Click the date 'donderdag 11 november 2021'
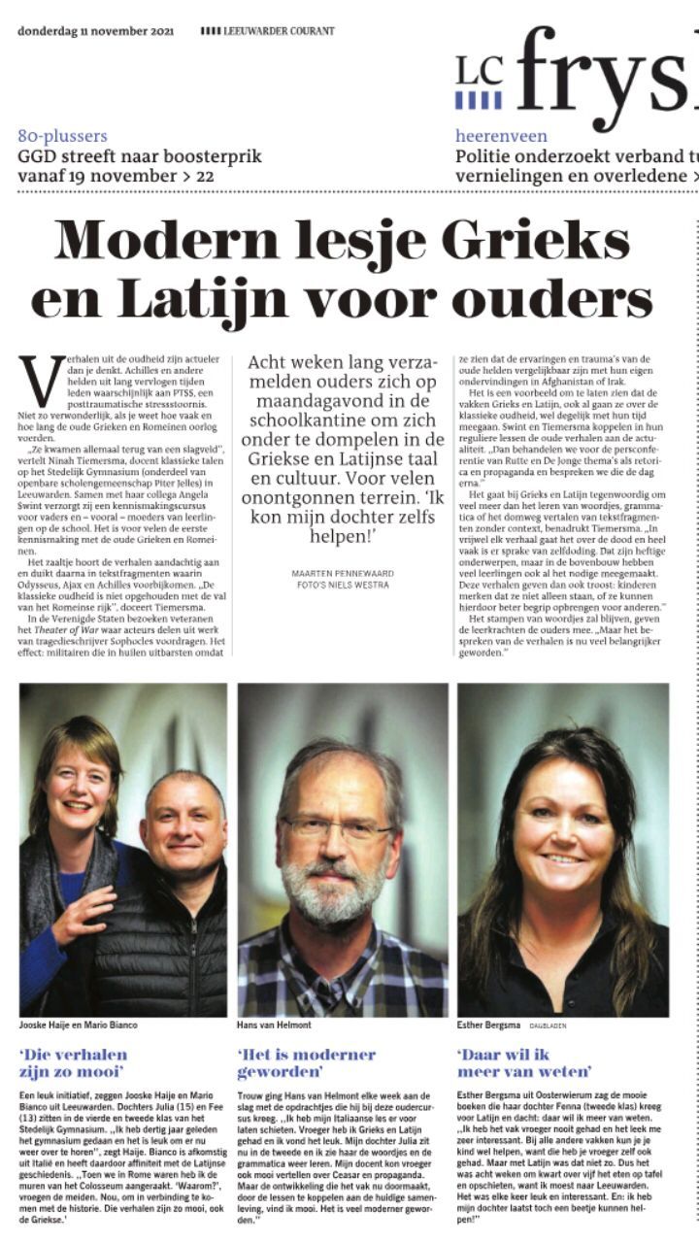tap(95, 31)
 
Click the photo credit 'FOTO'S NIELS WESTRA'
tap(343, 586)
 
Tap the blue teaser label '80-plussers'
tap(62, 137)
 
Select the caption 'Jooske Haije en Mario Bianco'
tap(78, 1025)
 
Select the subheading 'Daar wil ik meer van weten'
tap(524, 1062)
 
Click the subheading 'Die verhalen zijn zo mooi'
tap(74, 1062)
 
